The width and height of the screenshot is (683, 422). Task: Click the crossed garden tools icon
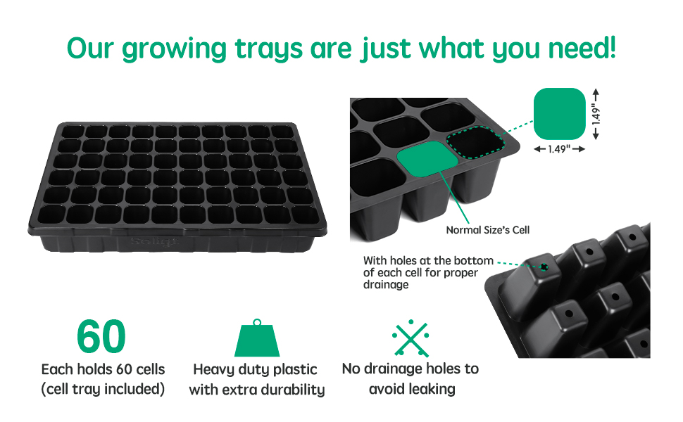click(411, 338)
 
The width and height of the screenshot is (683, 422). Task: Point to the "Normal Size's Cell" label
click(487, 230)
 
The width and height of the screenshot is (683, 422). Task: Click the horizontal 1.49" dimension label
click(559, 149)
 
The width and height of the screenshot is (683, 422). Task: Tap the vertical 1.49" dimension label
click(595, 113)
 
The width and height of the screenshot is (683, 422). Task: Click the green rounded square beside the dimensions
click(560, 113)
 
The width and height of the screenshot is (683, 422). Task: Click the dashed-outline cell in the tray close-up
click(477, 143)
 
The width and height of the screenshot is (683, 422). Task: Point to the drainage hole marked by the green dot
click(544, 267)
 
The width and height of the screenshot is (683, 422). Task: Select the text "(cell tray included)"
click(103, 388)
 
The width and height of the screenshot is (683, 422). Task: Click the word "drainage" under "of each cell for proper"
click(386, 285)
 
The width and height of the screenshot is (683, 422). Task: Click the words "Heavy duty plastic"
click(255, 369)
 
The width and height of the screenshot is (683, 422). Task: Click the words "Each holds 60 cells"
click(103, 369)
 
